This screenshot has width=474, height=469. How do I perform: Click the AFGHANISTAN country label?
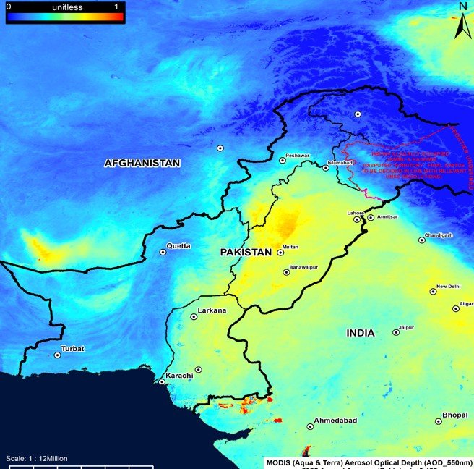click(142, 164)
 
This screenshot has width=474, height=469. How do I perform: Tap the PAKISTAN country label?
click(246, 252)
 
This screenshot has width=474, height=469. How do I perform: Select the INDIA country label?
click(360, 333)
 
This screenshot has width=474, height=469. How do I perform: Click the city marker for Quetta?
click(163, 253)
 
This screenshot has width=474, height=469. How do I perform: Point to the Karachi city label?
click(179, 376)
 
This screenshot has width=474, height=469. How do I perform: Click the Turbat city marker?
click(58, 355)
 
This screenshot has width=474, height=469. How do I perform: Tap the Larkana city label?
click(212, 310)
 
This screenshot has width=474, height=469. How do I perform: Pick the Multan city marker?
click(280, 253)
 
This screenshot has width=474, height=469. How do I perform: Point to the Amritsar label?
click(387, 217)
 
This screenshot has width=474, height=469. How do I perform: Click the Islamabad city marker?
click(326, 168)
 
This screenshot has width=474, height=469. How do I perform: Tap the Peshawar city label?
click(297, 156)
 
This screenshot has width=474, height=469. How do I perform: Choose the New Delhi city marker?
click(433, 292)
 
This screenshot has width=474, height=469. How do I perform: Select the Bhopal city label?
click(457, 415)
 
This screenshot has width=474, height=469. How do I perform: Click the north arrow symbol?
click(462, 24)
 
